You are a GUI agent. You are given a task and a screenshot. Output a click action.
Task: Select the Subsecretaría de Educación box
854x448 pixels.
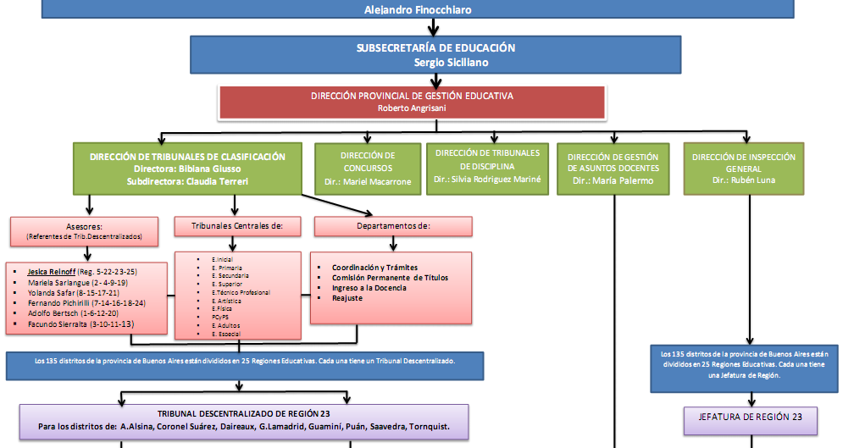(436, 55)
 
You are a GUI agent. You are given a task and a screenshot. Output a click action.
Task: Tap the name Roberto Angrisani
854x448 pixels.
(412, 108)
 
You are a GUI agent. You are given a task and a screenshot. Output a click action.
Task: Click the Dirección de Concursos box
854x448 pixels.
(368, 169)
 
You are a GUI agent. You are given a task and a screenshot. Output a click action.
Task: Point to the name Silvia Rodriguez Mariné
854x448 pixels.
(486, 180)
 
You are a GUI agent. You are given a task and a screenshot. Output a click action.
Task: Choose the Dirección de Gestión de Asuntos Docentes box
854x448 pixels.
(613, 169)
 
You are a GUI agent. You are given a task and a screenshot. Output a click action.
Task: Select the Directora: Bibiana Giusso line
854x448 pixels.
(187, 169)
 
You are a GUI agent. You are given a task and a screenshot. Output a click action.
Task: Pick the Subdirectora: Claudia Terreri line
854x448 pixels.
(187, 181)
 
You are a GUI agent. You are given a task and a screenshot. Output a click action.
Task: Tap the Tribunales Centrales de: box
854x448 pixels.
(237, 226)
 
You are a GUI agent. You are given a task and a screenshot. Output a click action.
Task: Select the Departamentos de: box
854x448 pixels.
(392, 226)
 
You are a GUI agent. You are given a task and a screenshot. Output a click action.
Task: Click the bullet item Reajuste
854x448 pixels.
(347, 298)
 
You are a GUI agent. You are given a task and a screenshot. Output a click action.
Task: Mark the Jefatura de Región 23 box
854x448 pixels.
(750, 418)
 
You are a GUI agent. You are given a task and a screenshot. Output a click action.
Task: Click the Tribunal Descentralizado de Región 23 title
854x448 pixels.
(243, 412)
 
